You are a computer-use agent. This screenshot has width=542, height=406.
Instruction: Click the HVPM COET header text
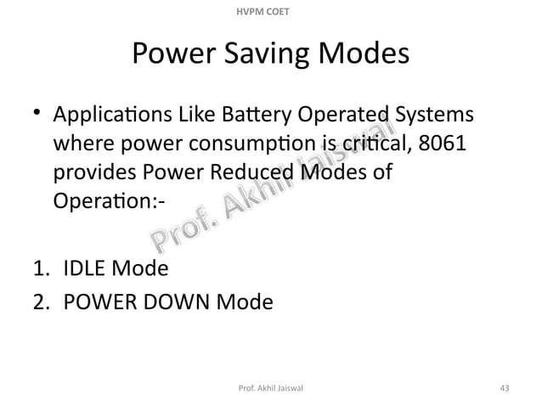pyautogui.click(x=271, y=9)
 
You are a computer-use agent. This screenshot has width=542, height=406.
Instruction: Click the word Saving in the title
pyautogui.click(x=270, y=57)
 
